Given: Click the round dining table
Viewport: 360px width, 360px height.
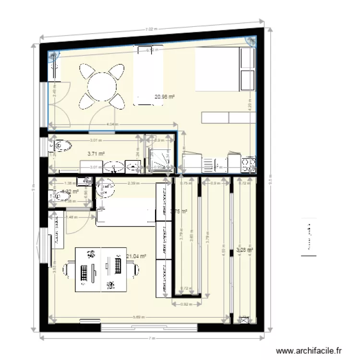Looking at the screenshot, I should click(102, 86).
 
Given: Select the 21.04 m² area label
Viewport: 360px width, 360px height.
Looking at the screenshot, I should click(136, 257).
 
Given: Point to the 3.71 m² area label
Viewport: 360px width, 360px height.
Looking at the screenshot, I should click(96, 154).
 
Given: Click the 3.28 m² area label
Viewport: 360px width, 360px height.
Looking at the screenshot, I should click(244, 250).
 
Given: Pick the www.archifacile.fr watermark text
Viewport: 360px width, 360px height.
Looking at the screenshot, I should click(311, 351).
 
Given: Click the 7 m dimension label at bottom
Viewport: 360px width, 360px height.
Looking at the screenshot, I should click(152, 339).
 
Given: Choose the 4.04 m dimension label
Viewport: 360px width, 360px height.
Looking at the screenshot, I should click(111, 124).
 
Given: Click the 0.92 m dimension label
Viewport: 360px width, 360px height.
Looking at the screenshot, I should click(183, 304).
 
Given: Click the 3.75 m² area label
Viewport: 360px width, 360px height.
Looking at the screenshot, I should click(179, 211).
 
